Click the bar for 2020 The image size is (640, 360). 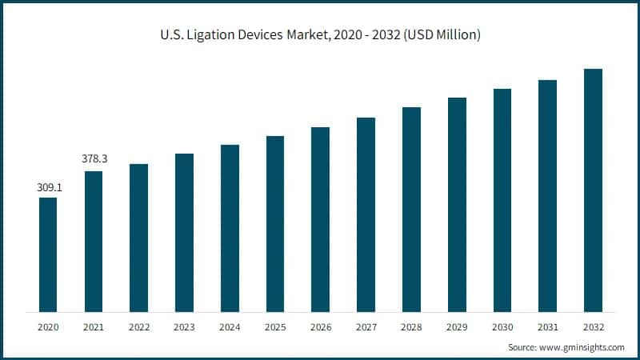click(48, 254)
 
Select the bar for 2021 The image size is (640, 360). click(94, 241)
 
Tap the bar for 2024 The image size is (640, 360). click(230, 228)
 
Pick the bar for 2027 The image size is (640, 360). click(366, 214)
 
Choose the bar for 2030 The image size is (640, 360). click(502, 200)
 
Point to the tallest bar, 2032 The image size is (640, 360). click(593, 190)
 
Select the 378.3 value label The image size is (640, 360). click(94, 159)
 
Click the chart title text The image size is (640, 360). click(320, 34)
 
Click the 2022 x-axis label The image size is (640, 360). click(139, 326)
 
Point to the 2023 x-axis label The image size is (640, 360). click(184, 326)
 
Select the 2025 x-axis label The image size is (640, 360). click(275, 326)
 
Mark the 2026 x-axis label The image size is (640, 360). click(320, 326)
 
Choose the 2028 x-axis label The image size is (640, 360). click(411, 326)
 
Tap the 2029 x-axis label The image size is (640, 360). click(457, 326)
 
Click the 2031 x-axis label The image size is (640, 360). click(547, 326)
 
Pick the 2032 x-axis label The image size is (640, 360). click(593, 326)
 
